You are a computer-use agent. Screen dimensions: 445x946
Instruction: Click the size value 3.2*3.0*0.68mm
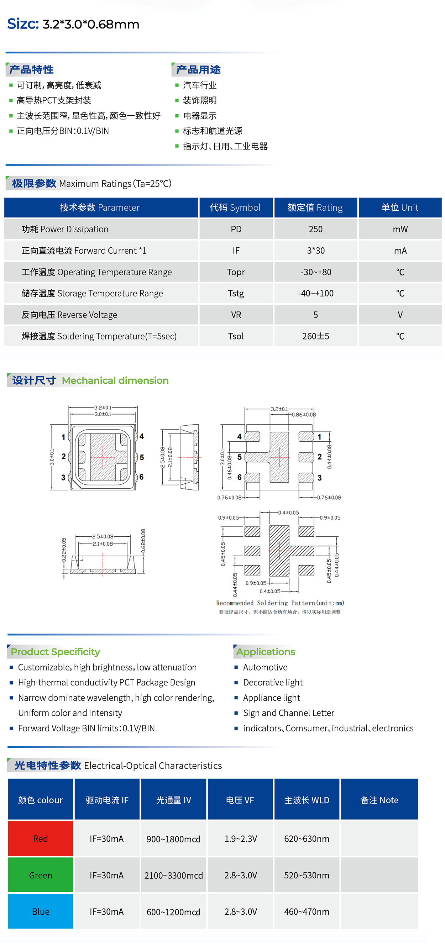point(91,24)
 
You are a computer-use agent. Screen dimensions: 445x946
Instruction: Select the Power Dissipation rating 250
point(315,229)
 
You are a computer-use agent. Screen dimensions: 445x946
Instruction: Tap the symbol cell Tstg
point(236,293)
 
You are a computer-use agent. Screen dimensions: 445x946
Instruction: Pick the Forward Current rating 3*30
point(316,251)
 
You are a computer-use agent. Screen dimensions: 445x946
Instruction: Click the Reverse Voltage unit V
point(400,315)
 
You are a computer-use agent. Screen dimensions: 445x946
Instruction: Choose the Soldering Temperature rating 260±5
point(315,336)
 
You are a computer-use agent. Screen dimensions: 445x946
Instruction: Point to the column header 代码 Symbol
point(235,207)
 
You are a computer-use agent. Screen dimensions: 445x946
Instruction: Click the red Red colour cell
point(41,839)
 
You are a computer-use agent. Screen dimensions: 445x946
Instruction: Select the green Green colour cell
point(41,875)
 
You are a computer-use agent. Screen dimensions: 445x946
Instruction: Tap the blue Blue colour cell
point(41,911)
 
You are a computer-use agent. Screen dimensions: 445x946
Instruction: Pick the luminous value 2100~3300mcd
point(173,875)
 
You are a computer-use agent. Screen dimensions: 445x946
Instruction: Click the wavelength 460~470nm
point(307,911)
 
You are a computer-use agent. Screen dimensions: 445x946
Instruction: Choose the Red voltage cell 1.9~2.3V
point(241,839)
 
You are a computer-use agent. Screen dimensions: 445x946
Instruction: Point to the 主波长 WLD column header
point(307,800)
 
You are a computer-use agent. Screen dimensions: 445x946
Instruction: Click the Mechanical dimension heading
point(115,380)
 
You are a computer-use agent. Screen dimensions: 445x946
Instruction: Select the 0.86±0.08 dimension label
point(304,415)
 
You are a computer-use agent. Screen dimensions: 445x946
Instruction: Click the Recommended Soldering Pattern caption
point(280,603)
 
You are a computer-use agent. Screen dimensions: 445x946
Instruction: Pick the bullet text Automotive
point(265,667)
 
